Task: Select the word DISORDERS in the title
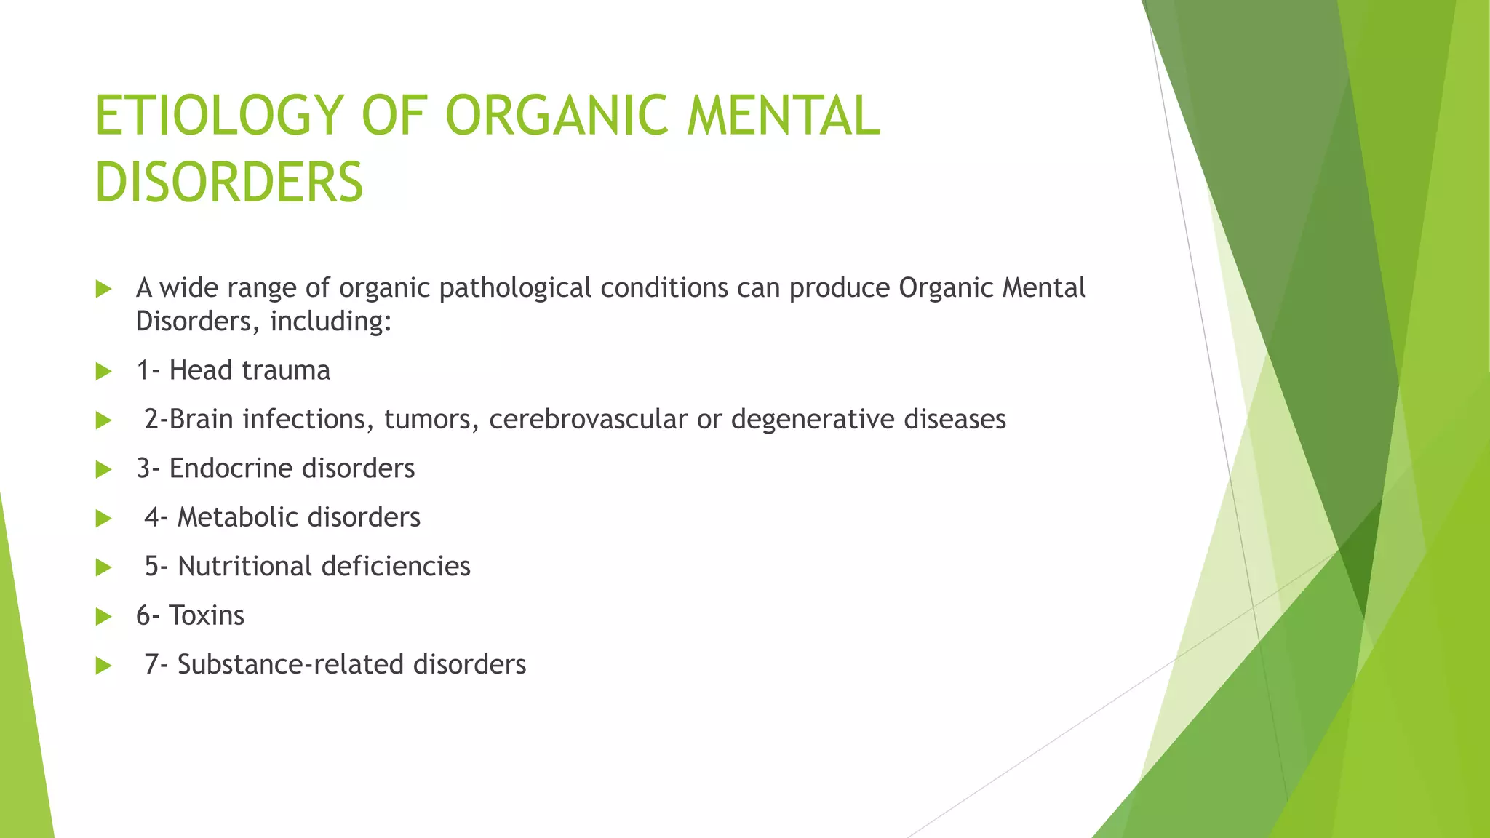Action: pyautogui.click(x=229, y=183)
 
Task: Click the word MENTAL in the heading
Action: pyautogui.click(x=783, y=116)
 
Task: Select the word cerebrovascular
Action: pyautogui.click(x=588, y=420)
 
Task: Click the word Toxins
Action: pyautogui.click(x=207, y=615)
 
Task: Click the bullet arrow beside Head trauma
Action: pyautogui.click(x=104, y=372)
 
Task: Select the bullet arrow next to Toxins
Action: pyautogui.click(x=104, y=617)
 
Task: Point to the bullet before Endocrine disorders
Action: pyautogui.click(x=104, y=470)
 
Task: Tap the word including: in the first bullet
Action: pyautogui.click(x=331, y=322)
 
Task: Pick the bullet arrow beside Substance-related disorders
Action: pyautogui.click(x=104, y=666)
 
